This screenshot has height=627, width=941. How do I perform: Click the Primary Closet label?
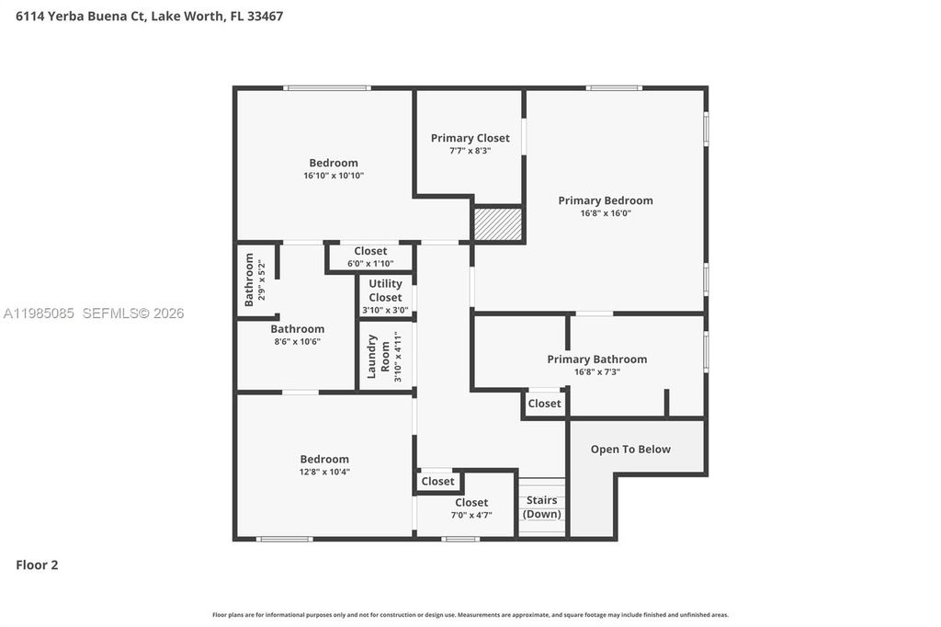pyautogui.click(x=470, y=138)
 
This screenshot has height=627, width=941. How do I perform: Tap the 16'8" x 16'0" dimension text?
pyautogui.click(x=606, y=213)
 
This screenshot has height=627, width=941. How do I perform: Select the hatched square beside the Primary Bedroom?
pyautogui.click(x=498, y=224)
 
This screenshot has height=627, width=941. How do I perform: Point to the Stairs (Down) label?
pyautogui.click(x=542, y=507)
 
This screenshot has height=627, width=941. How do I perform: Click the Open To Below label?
pyautogui.click(x=630, y=450)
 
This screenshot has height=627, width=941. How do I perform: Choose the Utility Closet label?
pyautogui.click(x=385, y=291)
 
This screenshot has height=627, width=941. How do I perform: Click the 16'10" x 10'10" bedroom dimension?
pyautogui.click(x=334, y=176)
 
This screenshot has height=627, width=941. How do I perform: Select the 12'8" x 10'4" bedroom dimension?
pyautogui.click(x=324, y=472)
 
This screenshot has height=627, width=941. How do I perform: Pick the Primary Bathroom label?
pyautogui.click(x=596, y=359)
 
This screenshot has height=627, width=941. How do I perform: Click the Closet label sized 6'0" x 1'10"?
pyautogui.click(x=370, y=251)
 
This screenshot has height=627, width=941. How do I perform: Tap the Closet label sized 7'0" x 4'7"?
pyautogui.click(x=471, y=503)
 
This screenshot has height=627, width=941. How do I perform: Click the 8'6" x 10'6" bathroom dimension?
pyautogui.click(x=297, y=341)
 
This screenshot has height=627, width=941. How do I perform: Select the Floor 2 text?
pyautogui.click(x=37, y=565)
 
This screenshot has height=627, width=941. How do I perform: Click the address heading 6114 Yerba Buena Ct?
pyautogui.click(x=149, y=16)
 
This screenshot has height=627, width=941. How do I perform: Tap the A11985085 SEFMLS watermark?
pyautogui.click(x=93, y=313)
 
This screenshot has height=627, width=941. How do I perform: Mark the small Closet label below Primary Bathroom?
pyautogui.click(x=544, y=404)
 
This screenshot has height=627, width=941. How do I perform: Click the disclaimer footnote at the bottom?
pyautogui.click(x=470, y=615)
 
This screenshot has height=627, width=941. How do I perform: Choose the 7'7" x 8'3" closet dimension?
pyautogui.click(x=470, y=151)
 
